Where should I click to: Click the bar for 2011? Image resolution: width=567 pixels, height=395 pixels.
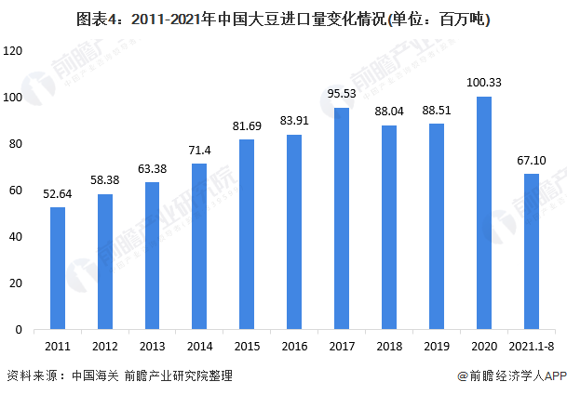(58, 268)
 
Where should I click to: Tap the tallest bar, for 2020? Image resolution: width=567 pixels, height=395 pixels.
(483, 213)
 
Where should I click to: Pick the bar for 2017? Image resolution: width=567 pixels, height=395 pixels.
(341, 218)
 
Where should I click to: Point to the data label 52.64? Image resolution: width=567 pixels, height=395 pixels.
(58, 194)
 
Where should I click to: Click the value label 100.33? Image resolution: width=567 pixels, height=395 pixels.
(483, 83)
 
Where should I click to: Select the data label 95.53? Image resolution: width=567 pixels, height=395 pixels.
(341, 94)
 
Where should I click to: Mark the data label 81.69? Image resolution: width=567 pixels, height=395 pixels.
(246, 126)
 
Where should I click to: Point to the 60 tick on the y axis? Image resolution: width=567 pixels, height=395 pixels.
(16, 191)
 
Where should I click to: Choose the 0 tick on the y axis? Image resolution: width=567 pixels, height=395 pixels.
(19, 330)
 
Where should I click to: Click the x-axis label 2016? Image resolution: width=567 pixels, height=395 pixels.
(293, 346)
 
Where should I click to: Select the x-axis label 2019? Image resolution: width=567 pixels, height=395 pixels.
(436, 346)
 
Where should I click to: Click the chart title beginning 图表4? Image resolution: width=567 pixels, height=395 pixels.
(283, 17)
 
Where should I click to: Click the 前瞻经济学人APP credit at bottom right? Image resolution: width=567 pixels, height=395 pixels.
(511, 376)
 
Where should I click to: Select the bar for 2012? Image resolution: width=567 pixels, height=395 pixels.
(105, 261)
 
